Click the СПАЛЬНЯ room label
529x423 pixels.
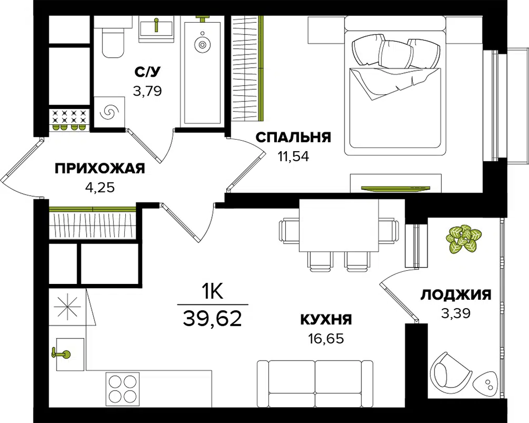pos(293,137)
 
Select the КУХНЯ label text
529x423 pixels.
pos(326,319)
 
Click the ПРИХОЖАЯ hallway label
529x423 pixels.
pos(100,168)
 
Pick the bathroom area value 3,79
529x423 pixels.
pos(147,91)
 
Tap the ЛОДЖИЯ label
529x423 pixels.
pos(456,295)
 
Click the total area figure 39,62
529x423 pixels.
pos(212,318)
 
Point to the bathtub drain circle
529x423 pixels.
pos(202,44)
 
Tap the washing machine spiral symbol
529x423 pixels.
pos(110,112)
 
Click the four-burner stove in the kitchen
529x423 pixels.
pos(123,389)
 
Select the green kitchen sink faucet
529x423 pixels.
pos(61,354)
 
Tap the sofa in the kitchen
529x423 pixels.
pos(315,383)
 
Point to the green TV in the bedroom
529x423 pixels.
pos(395,188)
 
